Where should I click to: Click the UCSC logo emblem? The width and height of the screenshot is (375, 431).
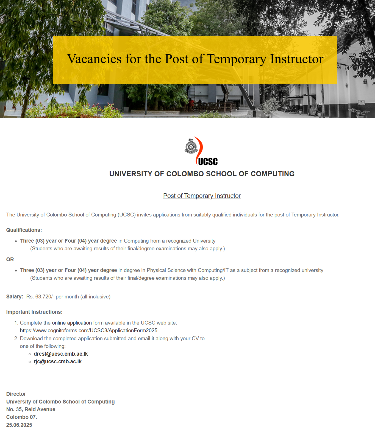pyautogui.click(x=201, y=151)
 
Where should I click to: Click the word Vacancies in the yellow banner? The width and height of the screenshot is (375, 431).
pyautogui.click(x=94, y=59)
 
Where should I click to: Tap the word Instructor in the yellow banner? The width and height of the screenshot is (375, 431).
pyautogui.click(x=296, y=59)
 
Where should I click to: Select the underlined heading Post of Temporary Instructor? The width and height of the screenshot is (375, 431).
pyautogui.click(x=202, y=196)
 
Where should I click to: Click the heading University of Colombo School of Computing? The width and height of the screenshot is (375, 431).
pyautogui.click(x=202, y=174)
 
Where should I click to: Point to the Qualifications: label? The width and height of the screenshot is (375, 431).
pyautogui.click(x=24, y=230)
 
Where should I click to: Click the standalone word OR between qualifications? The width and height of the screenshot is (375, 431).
pyautogui.click(x=10, y=259)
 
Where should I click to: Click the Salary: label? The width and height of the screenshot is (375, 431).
pyautogui.click(x=15, y=297)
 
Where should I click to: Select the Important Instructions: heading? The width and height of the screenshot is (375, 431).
pyautogui.click(x=34, y=312)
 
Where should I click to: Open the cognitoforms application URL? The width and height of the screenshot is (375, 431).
pyautogui.click(x=88, y=330)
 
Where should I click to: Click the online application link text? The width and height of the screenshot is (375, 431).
pyautogui.click(x=72, y=323)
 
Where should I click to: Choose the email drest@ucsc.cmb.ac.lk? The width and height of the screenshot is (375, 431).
pyautogui.click(x=61, y=354)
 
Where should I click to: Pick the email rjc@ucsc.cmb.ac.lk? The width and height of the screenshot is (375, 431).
pyautogui.click(x=58, y=361)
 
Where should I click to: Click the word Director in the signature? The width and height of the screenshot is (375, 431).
pyautogui.click(x=16, y=394)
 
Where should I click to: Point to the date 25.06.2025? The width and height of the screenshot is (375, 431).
pyautogui.click(x=19, y=425)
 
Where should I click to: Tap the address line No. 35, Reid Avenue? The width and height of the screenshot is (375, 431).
pyautogui.click(x=31, y=409)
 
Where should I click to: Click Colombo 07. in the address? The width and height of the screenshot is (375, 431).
pyautogui.click(x=21, y=417)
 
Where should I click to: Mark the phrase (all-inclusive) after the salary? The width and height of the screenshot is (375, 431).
pyautogui.click(x=95, y=297)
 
